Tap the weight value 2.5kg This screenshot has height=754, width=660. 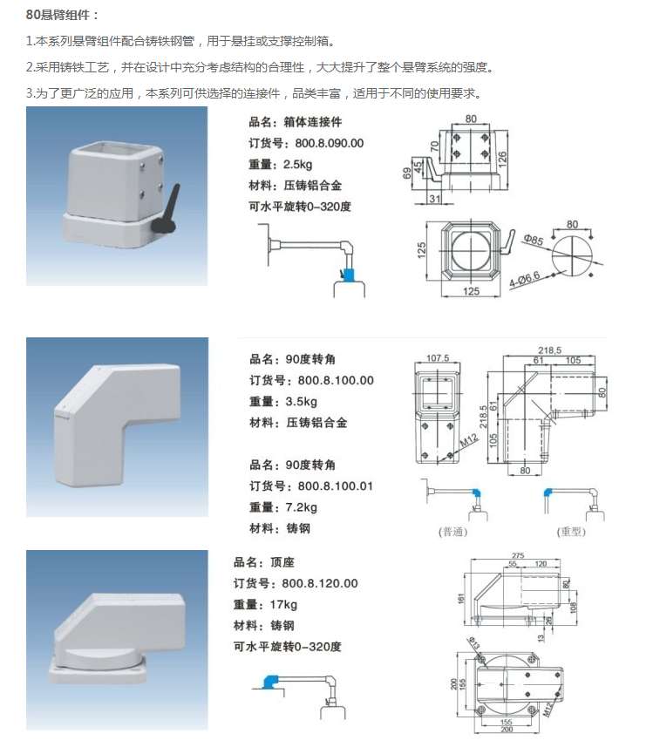(x=299, y=164)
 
